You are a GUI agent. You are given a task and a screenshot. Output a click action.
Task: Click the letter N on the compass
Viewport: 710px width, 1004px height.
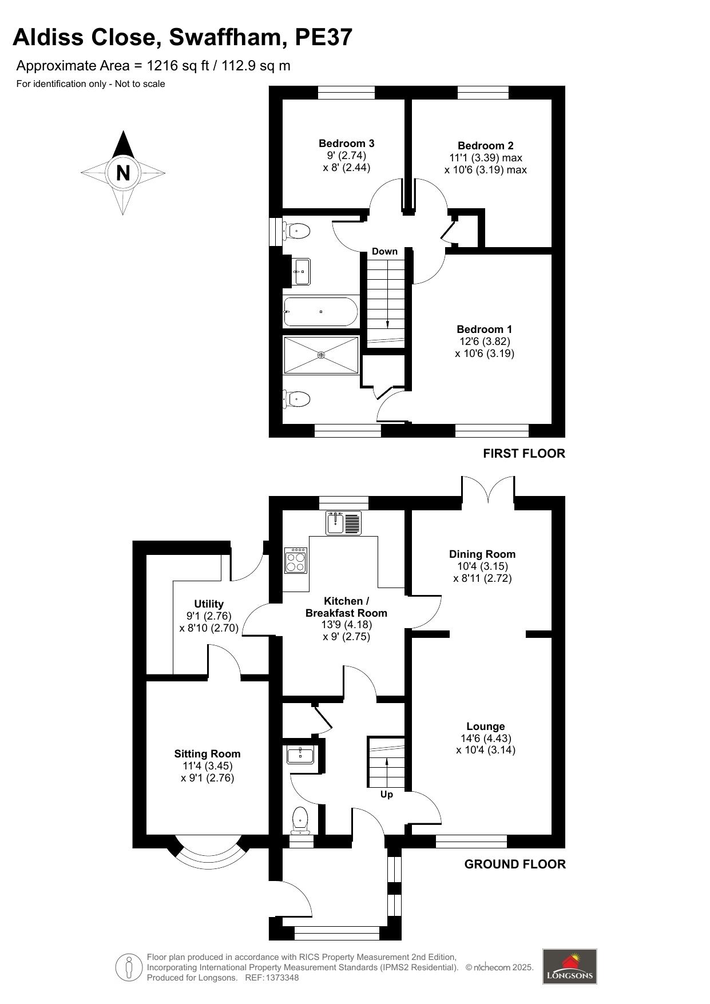coord(123,172)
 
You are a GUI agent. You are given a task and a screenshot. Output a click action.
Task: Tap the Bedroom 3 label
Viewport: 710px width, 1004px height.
coord(346,143)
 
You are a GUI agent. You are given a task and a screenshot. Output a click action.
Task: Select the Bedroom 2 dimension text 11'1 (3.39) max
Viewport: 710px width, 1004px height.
coord(485,158)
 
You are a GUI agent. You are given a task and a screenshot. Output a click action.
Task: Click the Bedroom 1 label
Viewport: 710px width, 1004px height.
coord(484,329)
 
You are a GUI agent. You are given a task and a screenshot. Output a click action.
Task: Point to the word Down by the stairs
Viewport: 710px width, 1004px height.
coord(384,251)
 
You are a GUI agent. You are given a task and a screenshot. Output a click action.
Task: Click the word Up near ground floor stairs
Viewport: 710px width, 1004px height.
coord(387,794)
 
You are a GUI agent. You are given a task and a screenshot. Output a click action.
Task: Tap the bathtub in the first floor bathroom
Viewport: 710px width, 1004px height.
coord(320,312)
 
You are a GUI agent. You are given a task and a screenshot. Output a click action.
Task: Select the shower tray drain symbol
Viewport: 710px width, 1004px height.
coord(321,355)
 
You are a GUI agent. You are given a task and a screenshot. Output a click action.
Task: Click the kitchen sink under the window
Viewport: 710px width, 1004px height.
coord(344,523)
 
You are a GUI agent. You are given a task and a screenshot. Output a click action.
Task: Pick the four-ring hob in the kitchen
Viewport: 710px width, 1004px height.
coord(296,561)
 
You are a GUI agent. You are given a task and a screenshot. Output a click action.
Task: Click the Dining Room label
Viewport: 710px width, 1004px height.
coord(482,554)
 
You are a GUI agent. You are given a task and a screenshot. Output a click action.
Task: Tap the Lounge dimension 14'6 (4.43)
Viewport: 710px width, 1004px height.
coord(485,738)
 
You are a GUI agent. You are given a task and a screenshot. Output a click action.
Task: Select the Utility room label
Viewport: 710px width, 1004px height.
coord(208,604)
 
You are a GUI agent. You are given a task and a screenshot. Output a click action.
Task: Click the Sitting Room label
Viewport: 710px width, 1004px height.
coord(207,753)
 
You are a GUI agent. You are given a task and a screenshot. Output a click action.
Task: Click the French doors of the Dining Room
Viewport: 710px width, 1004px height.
coord(488,489)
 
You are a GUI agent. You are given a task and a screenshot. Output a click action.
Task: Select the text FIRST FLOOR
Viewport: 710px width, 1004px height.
coord(523,453)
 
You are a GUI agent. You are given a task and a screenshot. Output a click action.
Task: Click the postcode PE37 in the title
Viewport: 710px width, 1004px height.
coord(323,37)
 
